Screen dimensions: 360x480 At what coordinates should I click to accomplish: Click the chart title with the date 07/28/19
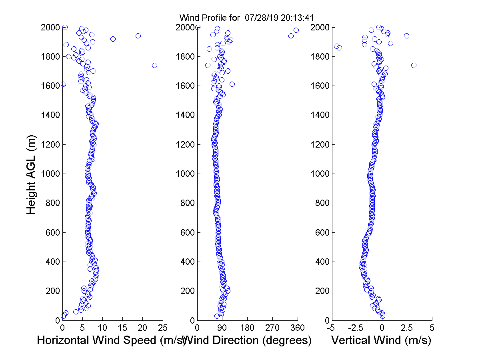pyautogui.click(x=246, y=18)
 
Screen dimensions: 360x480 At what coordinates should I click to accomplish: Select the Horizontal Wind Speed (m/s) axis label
pyautogui.click(x=111, y=340)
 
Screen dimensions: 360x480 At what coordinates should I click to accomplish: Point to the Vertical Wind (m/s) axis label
pyautogui.click(x=381, y=340)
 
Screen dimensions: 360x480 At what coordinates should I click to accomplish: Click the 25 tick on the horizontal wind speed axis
pyautogui.click(x=162, y=328)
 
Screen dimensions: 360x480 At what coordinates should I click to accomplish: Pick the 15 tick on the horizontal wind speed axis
pyautogui.click(x=122, y=328)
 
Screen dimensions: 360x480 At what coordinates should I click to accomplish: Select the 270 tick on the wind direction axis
pyautogui.click(x=273, y=328)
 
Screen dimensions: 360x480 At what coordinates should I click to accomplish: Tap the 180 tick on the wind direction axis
pyautogui.click(x=248, y=328)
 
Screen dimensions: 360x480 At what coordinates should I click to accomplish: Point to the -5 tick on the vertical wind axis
pyautogui.click(x=331, y=328)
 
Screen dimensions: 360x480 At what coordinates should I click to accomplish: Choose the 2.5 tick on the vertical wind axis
pyautogui.click(x=407, y=328)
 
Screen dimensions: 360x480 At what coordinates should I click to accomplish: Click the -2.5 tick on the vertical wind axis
pyautogui.click(x=356, y=328)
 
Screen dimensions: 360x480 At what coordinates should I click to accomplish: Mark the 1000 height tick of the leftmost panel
pyautogui.click(x=51, y=174)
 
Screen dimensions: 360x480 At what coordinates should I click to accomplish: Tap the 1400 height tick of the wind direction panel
pyautogui.click(x=186, y=115)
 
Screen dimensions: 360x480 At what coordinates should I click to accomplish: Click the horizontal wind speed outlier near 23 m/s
pyautogui.click(x=154, y=65)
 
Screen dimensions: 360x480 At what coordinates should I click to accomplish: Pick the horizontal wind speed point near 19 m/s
pyautogui.click(x=138, y=36)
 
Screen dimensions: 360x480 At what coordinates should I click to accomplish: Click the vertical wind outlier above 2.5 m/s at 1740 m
pyautogui.click(x=414, y=65)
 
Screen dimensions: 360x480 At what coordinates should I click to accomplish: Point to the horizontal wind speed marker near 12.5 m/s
pyautogui.click(x=113, y=39)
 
